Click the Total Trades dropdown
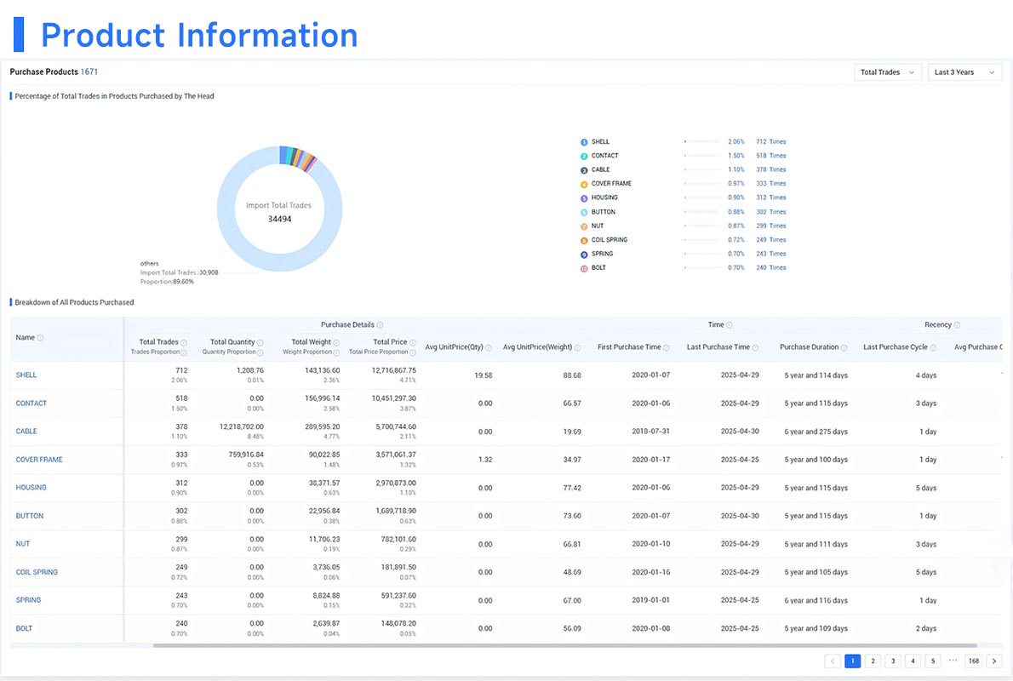tap(888, 72)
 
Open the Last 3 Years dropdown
tap(964, 72)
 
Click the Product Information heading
tap(199, 35)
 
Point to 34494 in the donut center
tap(279, 219)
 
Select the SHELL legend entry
tap(600, 142)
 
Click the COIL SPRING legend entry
tap(609, 240)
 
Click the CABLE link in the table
tap(26, 432)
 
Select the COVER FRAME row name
tap(39, 460)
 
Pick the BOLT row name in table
tap(25, 628)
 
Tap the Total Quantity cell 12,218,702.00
tap(235, 426)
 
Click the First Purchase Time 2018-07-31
tap(650, 432)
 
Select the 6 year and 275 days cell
tap(816, 432)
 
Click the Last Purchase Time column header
tap(718, 347)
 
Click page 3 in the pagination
tap(892, 661)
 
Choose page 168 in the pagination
tap(973, 661)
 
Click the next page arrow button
tap(993, 661)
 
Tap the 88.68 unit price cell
tap(571, 375)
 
